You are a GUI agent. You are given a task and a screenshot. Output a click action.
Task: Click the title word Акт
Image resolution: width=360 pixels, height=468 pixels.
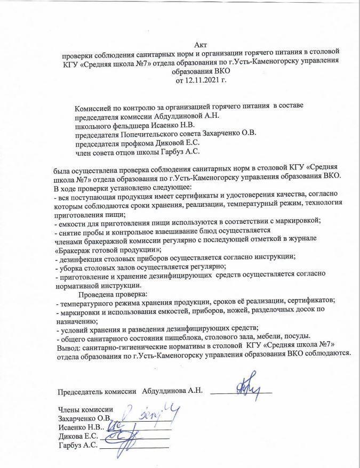[202, 46]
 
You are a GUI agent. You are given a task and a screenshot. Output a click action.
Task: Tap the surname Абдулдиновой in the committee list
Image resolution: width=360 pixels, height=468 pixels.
[168, 115]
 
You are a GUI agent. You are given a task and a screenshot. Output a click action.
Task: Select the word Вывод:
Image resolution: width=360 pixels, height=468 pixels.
[67, 346]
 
